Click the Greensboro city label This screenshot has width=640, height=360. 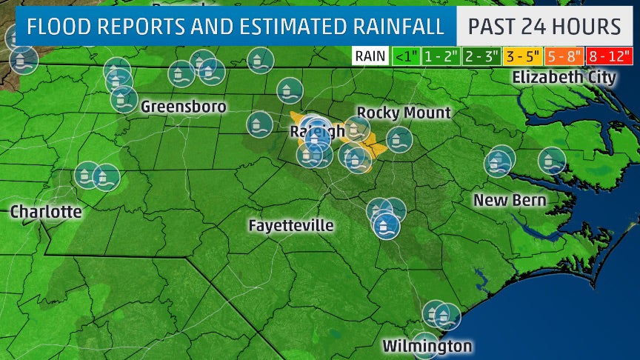pyautogui.click(x=183, y=107)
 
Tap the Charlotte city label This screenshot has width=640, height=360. pyautogui.click(x=46, y=212)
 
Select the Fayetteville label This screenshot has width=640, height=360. pyautogui.click(x=291, y=225)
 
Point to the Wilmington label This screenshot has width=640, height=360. pyautogui.click(x=427, y=346)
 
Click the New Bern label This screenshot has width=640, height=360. pyautogui.click(x=510, y=200)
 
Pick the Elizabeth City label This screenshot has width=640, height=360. pyautogui.click(x=564, y=77)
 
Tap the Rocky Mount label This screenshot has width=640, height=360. pyautogui.click(x=404, y=113)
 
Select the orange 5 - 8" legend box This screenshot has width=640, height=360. pyautogui.click(x=565, y=56)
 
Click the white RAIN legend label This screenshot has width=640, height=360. pyautogui.click(x=370, y=56)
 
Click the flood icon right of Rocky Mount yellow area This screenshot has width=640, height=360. pyautogui.click(x=399, y=139)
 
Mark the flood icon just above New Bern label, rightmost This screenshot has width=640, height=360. pyautogui.click(x=552, y=160)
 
